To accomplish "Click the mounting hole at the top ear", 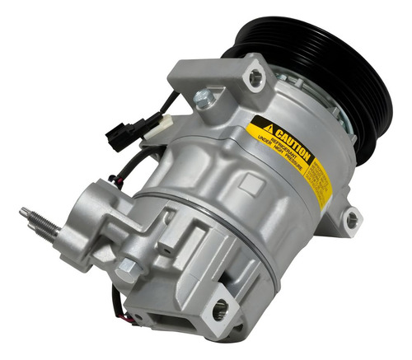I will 256,77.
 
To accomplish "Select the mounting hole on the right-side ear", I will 352,219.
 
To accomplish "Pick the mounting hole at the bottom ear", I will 220,310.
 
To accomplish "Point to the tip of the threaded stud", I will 23,212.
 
